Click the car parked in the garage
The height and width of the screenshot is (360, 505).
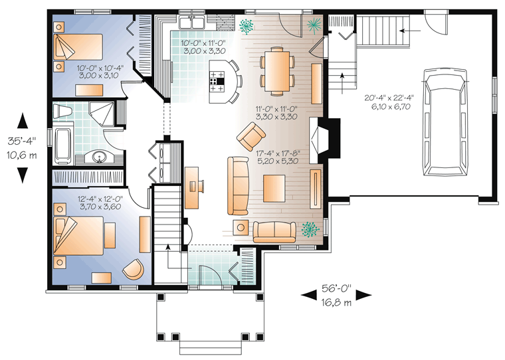[x=445, y=122]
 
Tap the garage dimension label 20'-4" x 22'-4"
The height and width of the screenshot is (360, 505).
[x=389, y=98]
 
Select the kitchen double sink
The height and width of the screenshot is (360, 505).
[x=192, y=22]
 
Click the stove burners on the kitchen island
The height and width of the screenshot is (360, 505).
[x=217, y=82]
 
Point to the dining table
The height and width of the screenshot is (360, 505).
[x=277, y=71]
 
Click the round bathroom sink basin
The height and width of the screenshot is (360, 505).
[x=100, y=157]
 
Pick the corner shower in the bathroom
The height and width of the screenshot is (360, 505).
[x=101, y=114]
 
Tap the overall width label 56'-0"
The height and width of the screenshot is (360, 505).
[x=336, y=288]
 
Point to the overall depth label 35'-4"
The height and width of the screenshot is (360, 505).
[x=22, y=141]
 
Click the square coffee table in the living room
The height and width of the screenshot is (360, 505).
[x=274, y=189]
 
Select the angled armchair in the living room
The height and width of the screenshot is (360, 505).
[x=251, y=137]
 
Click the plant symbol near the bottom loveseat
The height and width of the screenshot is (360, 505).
[x=310, y=229]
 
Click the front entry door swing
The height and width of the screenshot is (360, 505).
[x=209, y=275]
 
